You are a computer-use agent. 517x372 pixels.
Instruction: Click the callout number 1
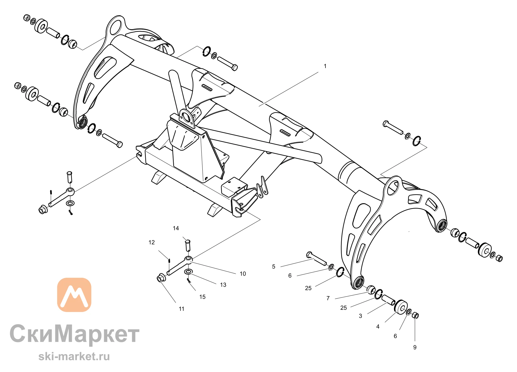325,66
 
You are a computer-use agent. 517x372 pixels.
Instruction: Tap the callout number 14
176,228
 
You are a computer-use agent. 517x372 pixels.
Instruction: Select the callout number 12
151,242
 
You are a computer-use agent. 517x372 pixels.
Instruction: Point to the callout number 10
243,274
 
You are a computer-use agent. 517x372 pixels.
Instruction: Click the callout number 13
223,285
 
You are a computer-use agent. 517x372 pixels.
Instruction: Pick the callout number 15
202,297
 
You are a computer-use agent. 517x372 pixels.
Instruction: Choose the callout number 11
181,309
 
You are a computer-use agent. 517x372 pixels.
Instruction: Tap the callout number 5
273,267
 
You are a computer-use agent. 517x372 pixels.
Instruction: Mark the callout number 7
328,298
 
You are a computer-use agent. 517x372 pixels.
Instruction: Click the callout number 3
360,316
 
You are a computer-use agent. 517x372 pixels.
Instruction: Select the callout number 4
378,327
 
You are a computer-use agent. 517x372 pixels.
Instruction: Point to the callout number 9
415,347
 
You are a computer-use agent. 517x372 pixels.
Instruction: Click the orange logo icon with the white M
74,295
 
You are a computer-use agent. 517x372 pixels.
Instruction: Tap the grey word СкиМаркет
74,334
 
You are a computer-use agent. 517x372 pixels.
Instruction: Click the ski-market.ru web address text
74,356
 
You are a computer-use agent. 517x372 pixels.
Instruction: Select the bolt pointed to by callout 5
316,258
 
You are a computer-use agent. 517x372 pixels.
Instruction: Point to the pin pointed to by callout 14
188,245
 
